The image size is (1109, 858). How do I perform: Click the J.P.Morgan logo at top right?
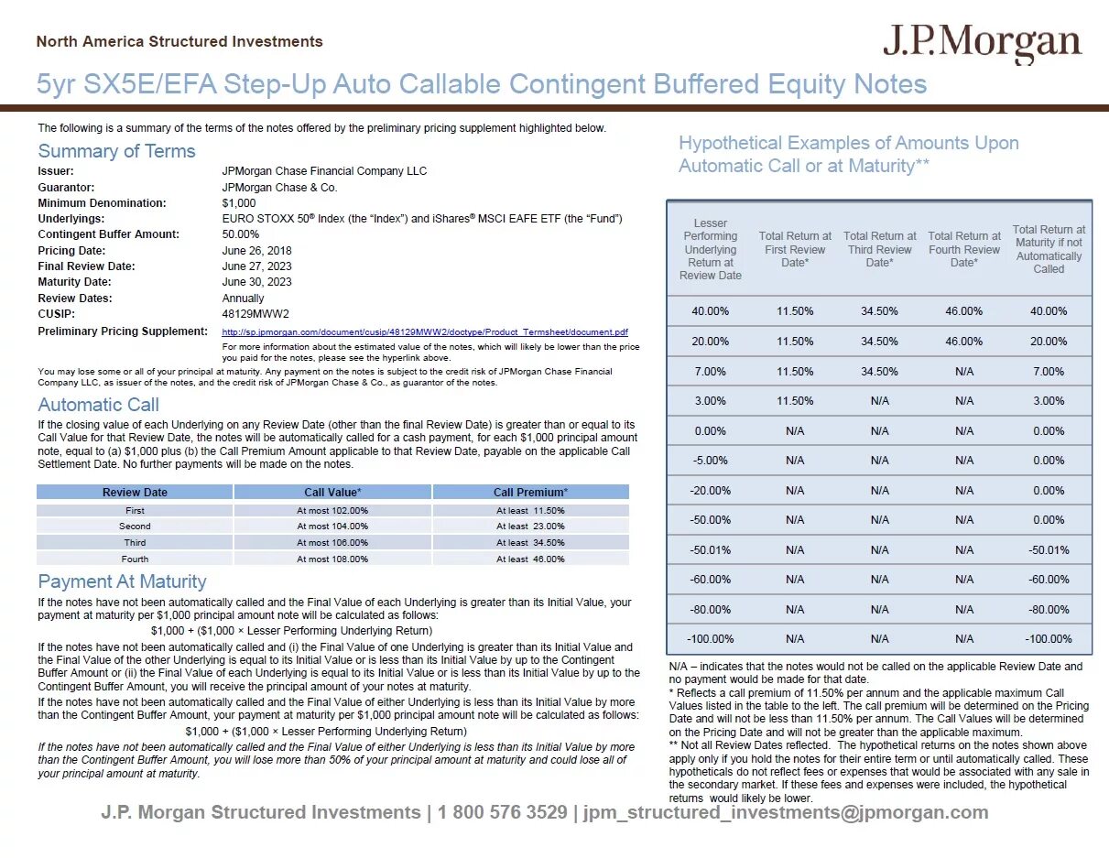pyautogui.click(x=982, y=43)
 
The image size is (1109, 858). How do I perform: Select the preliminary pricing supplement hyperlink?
pyautogui.click(x=425, y=331)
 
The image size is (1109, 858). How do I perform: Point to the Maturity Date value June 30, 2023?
pyautogui.click(x=257, y=282)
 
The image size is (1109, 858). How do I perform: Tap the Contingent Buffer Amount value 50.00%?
pyautogui.click(x=241, y=234)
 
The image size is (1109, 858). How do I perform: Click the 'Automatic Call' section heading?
pyautogui.click(x=99, y=405)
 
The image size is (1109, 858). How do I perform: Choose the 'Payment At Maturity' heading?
pyautogui.click(x=122, y=581)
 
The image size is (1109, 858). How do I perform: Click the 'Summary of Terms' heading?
pyautogui.click(x=116, y=151)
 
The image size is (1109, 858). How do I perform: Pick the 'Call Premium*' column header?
pyautogui.click(x=530, y=493)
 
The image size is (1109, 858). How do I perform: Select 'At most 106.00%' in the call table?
pyautogui.click(x=332, y=542)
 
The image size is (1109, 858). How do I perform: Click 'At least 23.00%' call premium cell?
pyautogui.click(x=530, y=527)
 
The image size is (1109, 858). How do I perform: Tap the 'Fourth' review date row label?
pyautogui.click(x=135, y=559)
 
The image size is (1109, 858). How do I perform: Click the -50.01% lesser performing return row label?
pyautogui.click(x=710, y=550)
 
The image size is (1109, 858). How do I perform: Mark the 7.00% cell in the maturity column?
pyautogui.click(x=1049, y=372)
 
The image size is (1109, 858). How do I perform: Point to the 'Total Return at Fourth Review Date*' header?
pyautogui.click(x=963, y=249)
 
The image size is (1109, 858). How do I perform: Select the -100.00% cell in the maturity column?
pyautogui.click(x=1049, y=639)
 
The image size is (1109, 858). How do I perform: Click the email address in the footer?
pyautogui.click(x=786, y=812)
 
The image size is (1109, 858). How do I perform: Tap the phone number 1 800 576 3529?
pyautogui.click(x=502, y=812)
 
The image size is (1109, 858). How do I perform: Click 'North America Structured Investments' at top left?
pyautogui.click(x=179, y=41)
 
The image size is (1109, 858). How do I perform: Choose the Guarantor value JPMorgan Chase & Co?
pyautogui.click(x=279, y=187)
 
